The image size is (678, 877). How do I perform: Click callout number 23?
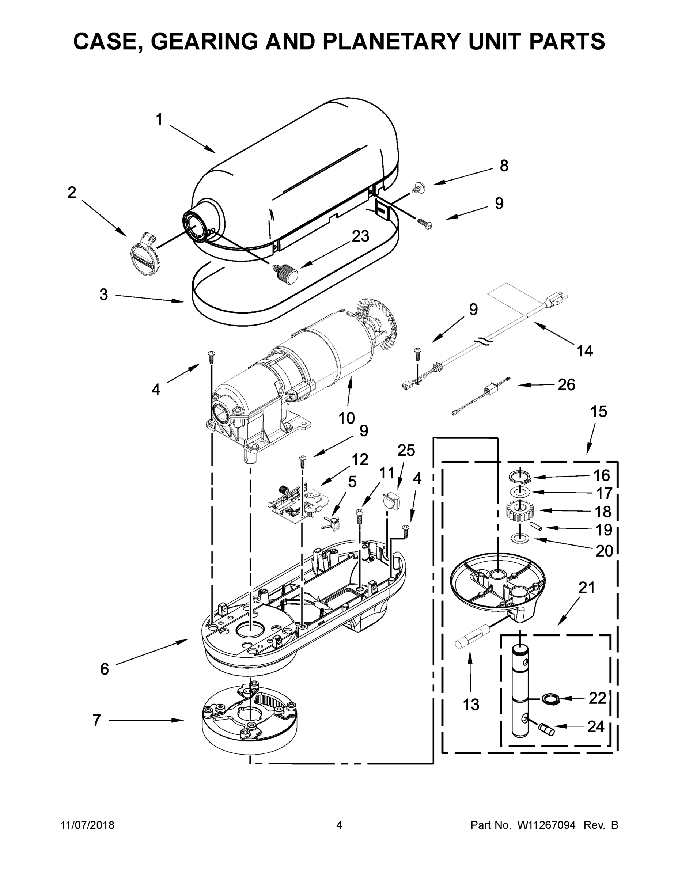(360, 236)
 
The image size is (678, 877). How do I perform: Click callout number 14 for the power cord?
(584, 350)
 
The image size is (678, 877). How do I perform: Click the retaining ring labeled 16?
(520, 477)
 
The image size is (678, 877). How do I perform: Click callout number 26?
(566, 385)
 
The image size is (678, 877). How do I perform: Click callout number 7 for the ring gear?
(97, 720)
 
